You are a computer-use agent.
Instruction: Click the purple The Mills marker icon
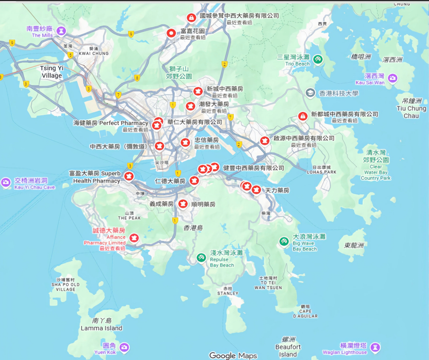click(x=61, y=31)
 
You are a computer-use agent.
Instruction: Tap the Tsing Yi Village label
click(x=51, y=72)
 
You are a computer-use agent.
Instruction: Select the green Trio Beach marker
click(x=318, y=60)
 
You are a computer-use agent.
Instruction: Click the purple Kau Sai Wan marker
click(x=393, y=79)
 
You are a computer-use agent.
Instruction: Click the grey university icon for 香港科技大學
click(x=310, y=93)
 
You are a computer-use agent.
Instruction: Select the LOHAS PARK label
click(x=322, y=172)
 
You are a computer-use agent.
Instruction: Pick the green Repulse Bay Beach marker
click(x=201, y=258)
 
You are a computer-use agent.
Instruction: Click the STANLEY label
click(x=228, y=293)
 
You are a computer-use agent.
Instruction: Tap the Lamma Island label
click(x=102, y=328)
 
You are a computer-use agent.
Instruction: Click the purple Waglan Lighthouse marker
click(x=376, y=347)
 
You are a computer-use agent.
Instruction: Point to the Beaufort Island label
click(x=288, y=351)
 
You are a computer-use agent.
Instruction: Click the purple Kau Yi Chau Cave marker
click(x=6, y=182)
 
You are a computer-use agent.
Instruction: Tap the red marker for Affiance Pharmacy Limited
click(x=134, y=238)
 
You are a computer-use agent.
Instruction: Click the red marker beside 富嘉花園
click(x=171, y=33)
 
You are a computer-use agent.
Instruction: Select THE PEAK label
click(x=129, y=218)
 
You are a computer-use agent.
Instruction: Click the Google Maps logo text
click(x=233, y=355)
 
